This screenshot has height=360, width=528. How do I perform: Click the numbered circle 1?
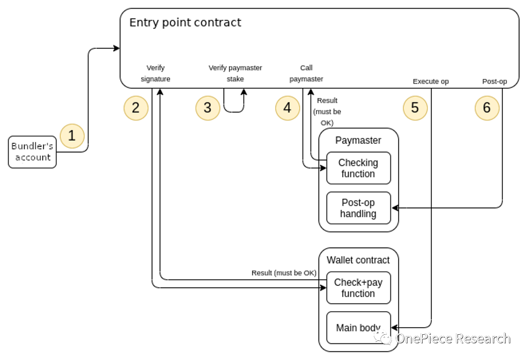[x=72, y=136]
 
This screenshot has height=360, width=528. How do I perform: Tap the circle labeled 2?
[x=136, y=108]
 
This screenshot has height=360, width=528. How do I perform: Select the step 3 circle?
[x=208, y=108]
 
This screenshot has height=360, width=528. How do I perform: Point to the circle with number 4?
[x=287, y=108]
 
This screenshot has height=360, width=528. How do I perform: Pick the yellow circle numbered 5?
[x=415, y=108]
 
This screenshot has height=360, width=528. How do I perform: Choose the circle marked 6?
[x=487, y=108]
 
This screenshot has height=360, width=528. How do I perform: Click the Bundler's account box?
[x=32, y=152]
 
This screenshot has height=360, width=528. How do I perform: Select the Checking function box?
[x=358, y=168]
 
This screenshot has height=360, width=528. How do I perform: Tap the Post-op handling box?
[x=358, y=208]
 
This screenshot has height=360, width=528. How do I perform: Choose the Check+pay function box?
[x=358, y=288]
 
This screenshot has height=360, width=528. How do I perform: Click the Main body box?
[x=358, y=328]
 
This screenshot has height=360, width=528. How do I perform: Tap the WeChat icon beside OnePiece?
[x=383, y=338]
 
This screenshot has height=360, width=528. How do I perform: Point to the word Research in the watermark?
[x=482, y=338]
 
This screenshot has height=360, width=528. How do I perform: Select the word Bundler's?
[x=32, y=146]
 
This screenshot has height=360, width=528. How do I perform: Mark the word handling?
[x=358, y=214]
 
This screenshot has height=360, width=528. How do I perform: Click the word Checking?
[x=358, y=162]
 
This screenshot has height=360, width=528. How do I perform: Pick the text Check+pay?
[x=358, y=282]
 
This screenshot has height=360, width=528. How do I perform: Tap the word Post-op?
[x=358, y=203]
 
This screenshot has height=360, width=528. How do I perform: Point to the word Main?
[x=346, y=328]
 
